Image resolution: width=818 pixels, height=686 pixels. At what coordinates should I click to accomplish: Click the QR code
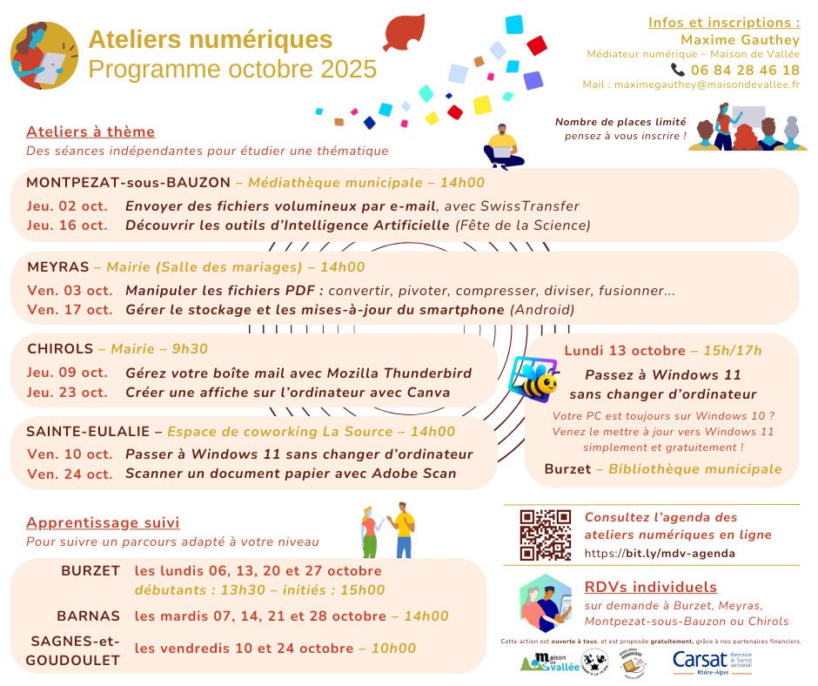(545, 535)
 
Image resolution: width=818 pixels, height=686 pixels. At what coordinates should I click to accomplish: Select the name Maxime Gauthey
(740, 39)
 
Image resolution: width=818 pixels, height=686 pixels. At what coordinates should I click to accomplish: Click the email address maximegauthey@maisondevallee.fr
(707, 85)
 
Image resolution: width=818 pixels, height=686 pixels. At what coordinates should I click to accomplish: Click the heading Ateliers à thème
(91, 132)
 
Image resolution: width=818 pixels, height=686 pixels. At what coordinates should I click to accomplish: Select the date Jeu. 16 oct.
(67, 225)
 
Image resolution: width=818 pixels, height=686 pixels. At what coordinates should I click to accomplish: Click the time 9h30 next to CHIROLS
(190, 349)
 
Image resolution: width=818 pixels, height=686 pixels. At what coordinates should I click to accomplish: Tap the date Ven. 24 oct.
(70, 474)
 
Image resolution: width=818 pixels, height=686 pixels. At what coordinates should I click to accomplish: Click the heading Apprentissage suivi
(103, 523)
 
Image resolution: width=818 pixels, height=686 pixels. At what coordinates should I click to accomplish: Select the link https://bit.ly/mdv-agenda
(660, 553)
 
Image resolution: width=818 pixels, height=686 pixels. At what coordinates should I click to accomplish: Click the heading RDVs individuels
(651, 587)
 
